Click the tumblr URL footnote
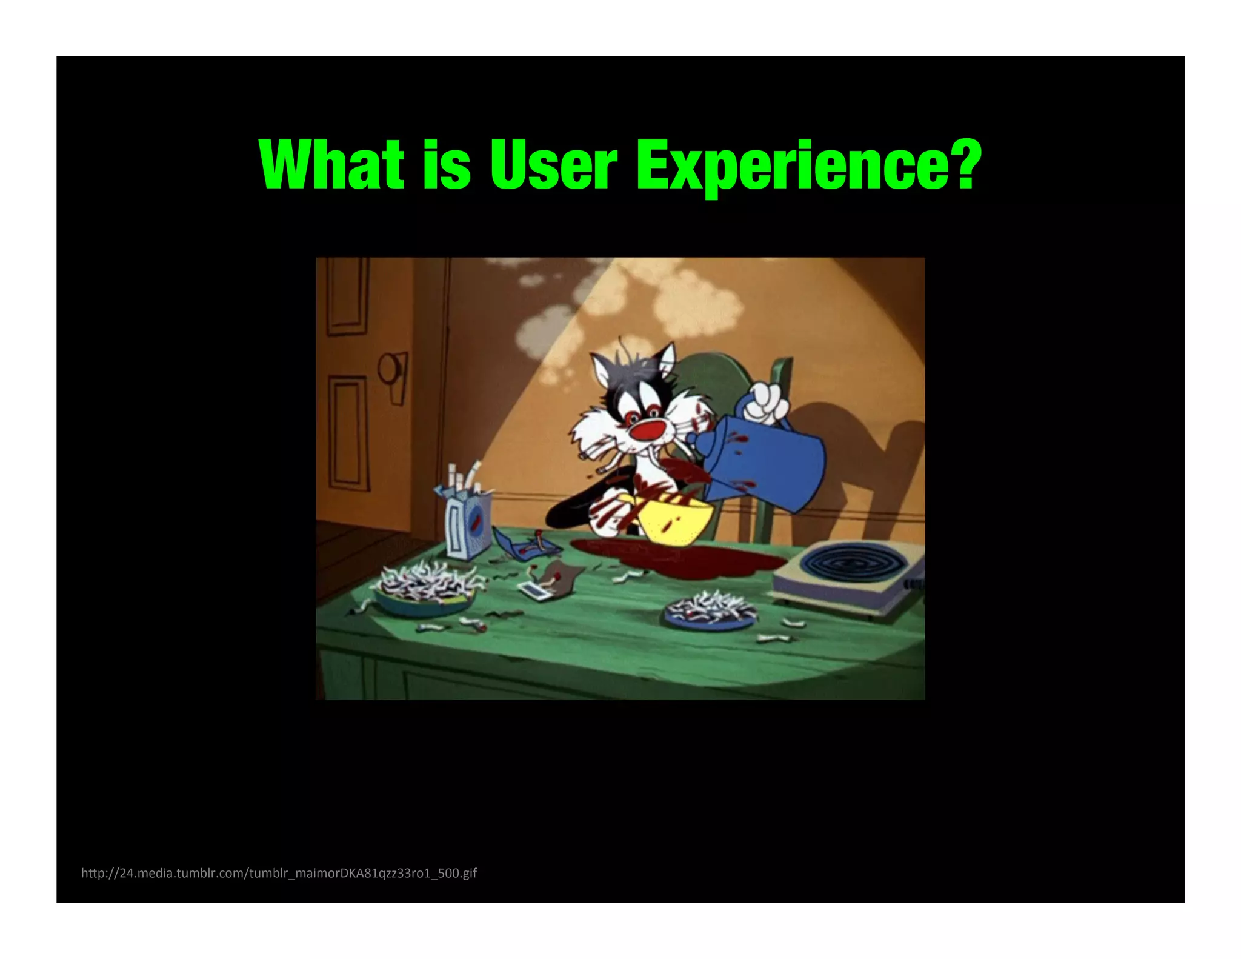coord(279,873)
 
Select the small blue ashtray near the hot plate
coord(710,609)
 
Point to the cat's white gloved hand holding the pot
coord(767,403)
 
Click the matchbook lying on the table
coord(536,591)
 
